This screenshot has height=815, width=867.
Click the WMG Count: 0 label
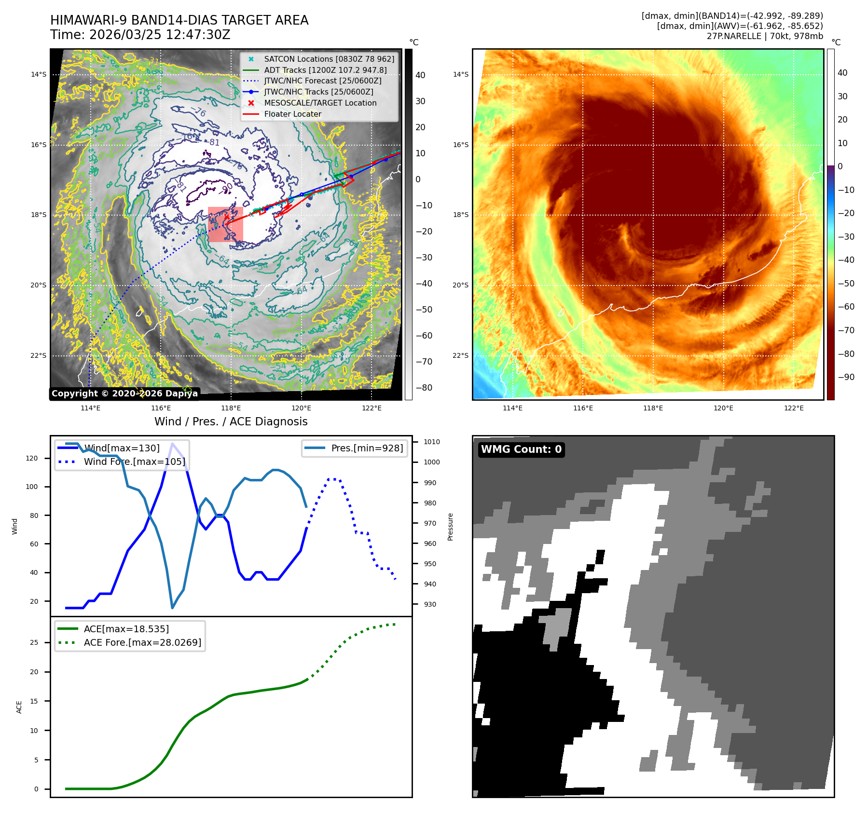[x=521, y=449]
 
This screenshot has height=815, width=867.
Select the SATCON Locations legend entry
[x=329, y=59]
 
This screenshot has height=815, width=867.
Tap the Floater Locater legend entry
[x=292, y=114]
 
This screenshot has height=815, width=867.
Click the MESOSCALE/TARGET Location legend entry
[x=320, y=103]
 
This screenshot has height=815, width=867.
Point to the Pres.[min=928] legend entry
[x=367, y=448]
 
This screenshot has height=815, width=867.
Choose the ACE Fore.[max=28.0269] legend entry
[x=142, y=642]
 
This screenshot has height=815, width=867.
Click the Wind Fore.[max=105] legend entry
[x=134, y=462]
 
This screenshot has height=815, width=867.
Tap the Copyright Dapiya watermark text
[x=124, y=394]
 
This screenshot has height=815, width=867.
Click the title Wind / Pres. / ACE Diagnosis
[x=231, y=421]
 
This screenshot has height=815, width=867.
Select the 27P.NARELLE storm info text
[x=765, y=36]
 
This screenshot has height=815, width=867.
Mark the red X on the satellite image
[x=227, y=217]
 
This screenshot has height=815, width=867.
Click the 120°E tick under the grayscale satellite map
[x=301, y=408]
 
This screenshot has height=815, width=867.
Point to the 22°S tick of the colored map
[x=460, y=356]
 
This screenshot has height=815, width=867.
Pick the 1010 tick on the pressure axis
[x=432, y=442]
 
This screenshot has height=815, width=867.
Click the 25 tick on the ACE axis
[x=34, y=642]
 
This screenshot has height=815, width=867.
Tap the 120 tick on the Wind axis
[x=32, y=458]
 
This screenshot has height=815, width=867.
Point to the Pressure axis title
[x=450, y=527]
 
